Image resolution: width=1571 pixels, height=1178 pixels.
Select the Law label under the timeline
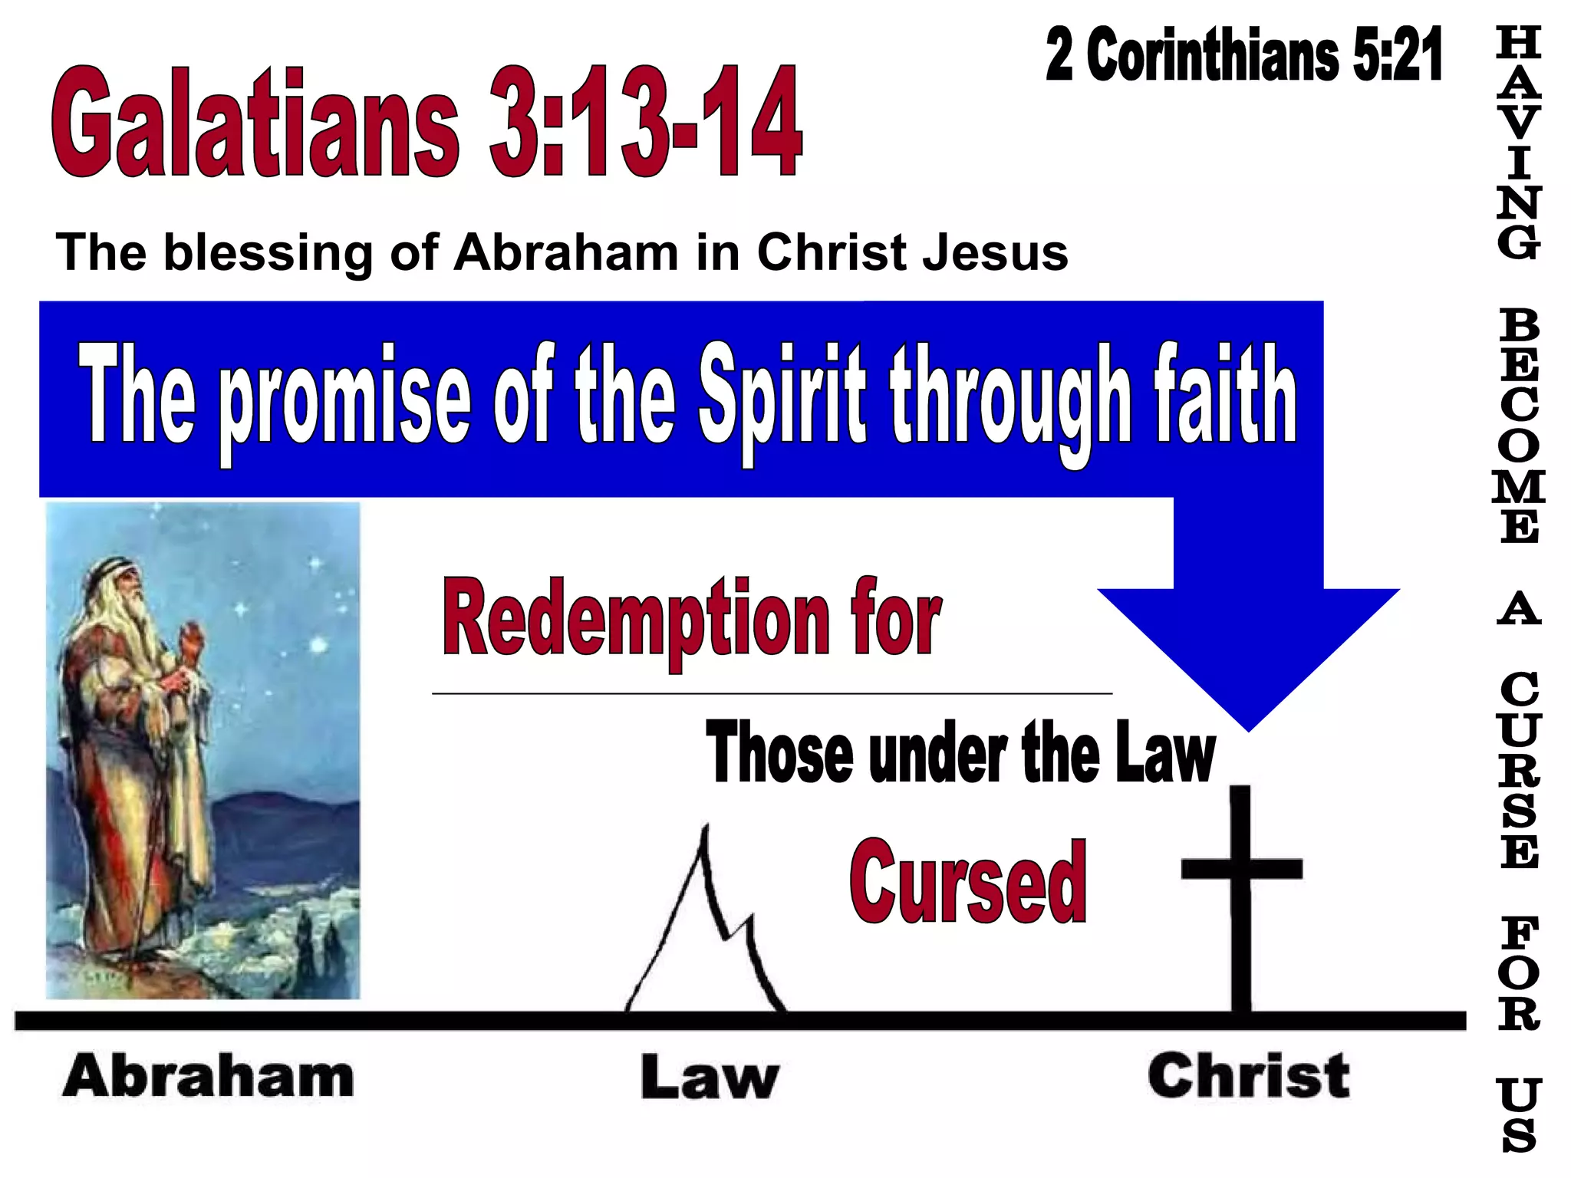pyautogui.click(x=710, y=1078)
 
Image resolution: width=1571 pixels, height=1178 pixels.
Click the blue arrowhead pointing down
pyautogui.click(x=1248, y=652)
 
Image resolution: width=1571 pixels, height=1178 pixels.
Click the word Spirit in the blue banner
pyautogui.click(x=782, y=399)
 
